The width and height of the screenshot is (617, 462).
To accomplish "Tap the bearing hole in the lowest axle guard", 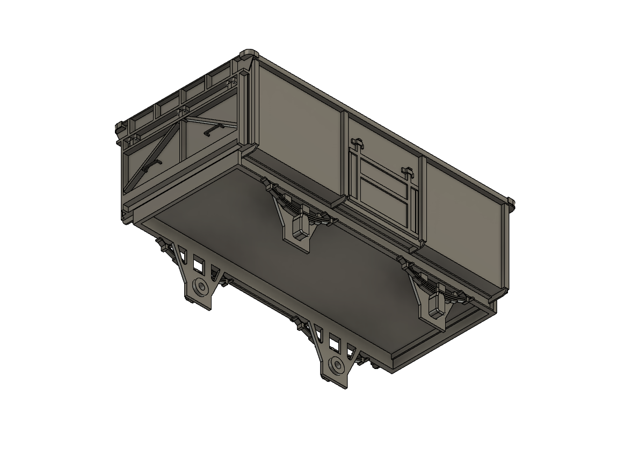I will pyautogui.click(x=337, y=365).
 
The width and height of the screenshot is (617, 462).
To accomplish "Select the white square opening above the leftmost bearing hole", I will pyautogui.click(x=199, y=265).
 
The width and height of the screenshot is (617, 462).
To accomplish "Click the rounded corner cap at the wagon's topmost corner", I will pyautogui.click(x=250, y=54).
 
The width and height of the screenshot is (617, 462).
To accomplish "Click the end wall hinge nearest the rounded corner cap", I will pyautogui.click(x=232, y=83).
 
